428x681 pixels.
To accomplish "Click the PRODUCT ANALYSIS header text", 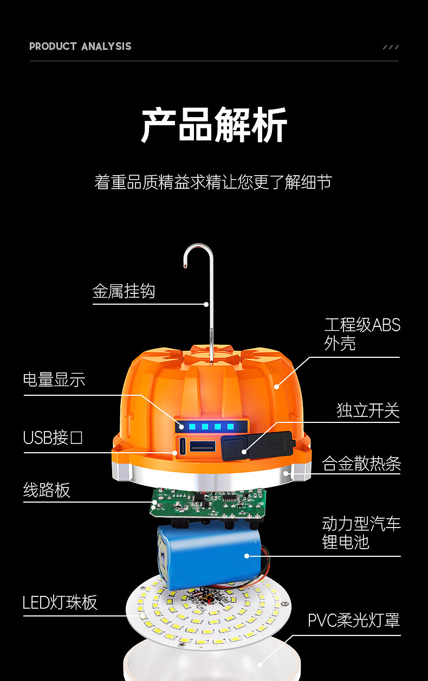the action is coord(80,46).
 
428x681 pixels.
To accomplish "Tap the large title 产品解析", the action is coord(214,126).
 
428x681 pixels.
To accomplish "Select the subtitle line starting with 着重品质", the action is coord(213,182).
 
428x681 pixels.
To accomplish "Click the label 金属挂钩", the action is coord(124,292).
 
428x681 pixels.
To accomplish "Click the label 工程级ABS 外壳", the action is coord(362,334).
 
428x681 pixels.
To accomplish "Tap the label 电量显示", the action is coord(54,380).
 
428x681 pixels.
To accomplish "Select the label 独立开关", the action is coord(368,410).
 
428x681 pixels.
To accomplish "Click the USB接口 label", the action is coord(53,438).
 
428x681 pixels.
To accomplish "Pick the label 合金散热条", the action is coord(361,464).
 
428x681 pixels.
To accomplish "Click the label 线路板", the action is coord(47,490).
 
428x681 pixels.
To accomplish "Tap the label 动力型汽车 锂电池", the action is coord(361,533).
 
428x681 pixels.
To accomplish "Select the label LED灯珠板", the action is coord(60,602).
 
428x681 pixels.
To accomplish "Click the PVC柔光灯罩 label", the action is coord(354,620).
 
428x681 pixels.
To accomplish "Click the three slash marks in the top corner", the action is coord(391,47).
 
